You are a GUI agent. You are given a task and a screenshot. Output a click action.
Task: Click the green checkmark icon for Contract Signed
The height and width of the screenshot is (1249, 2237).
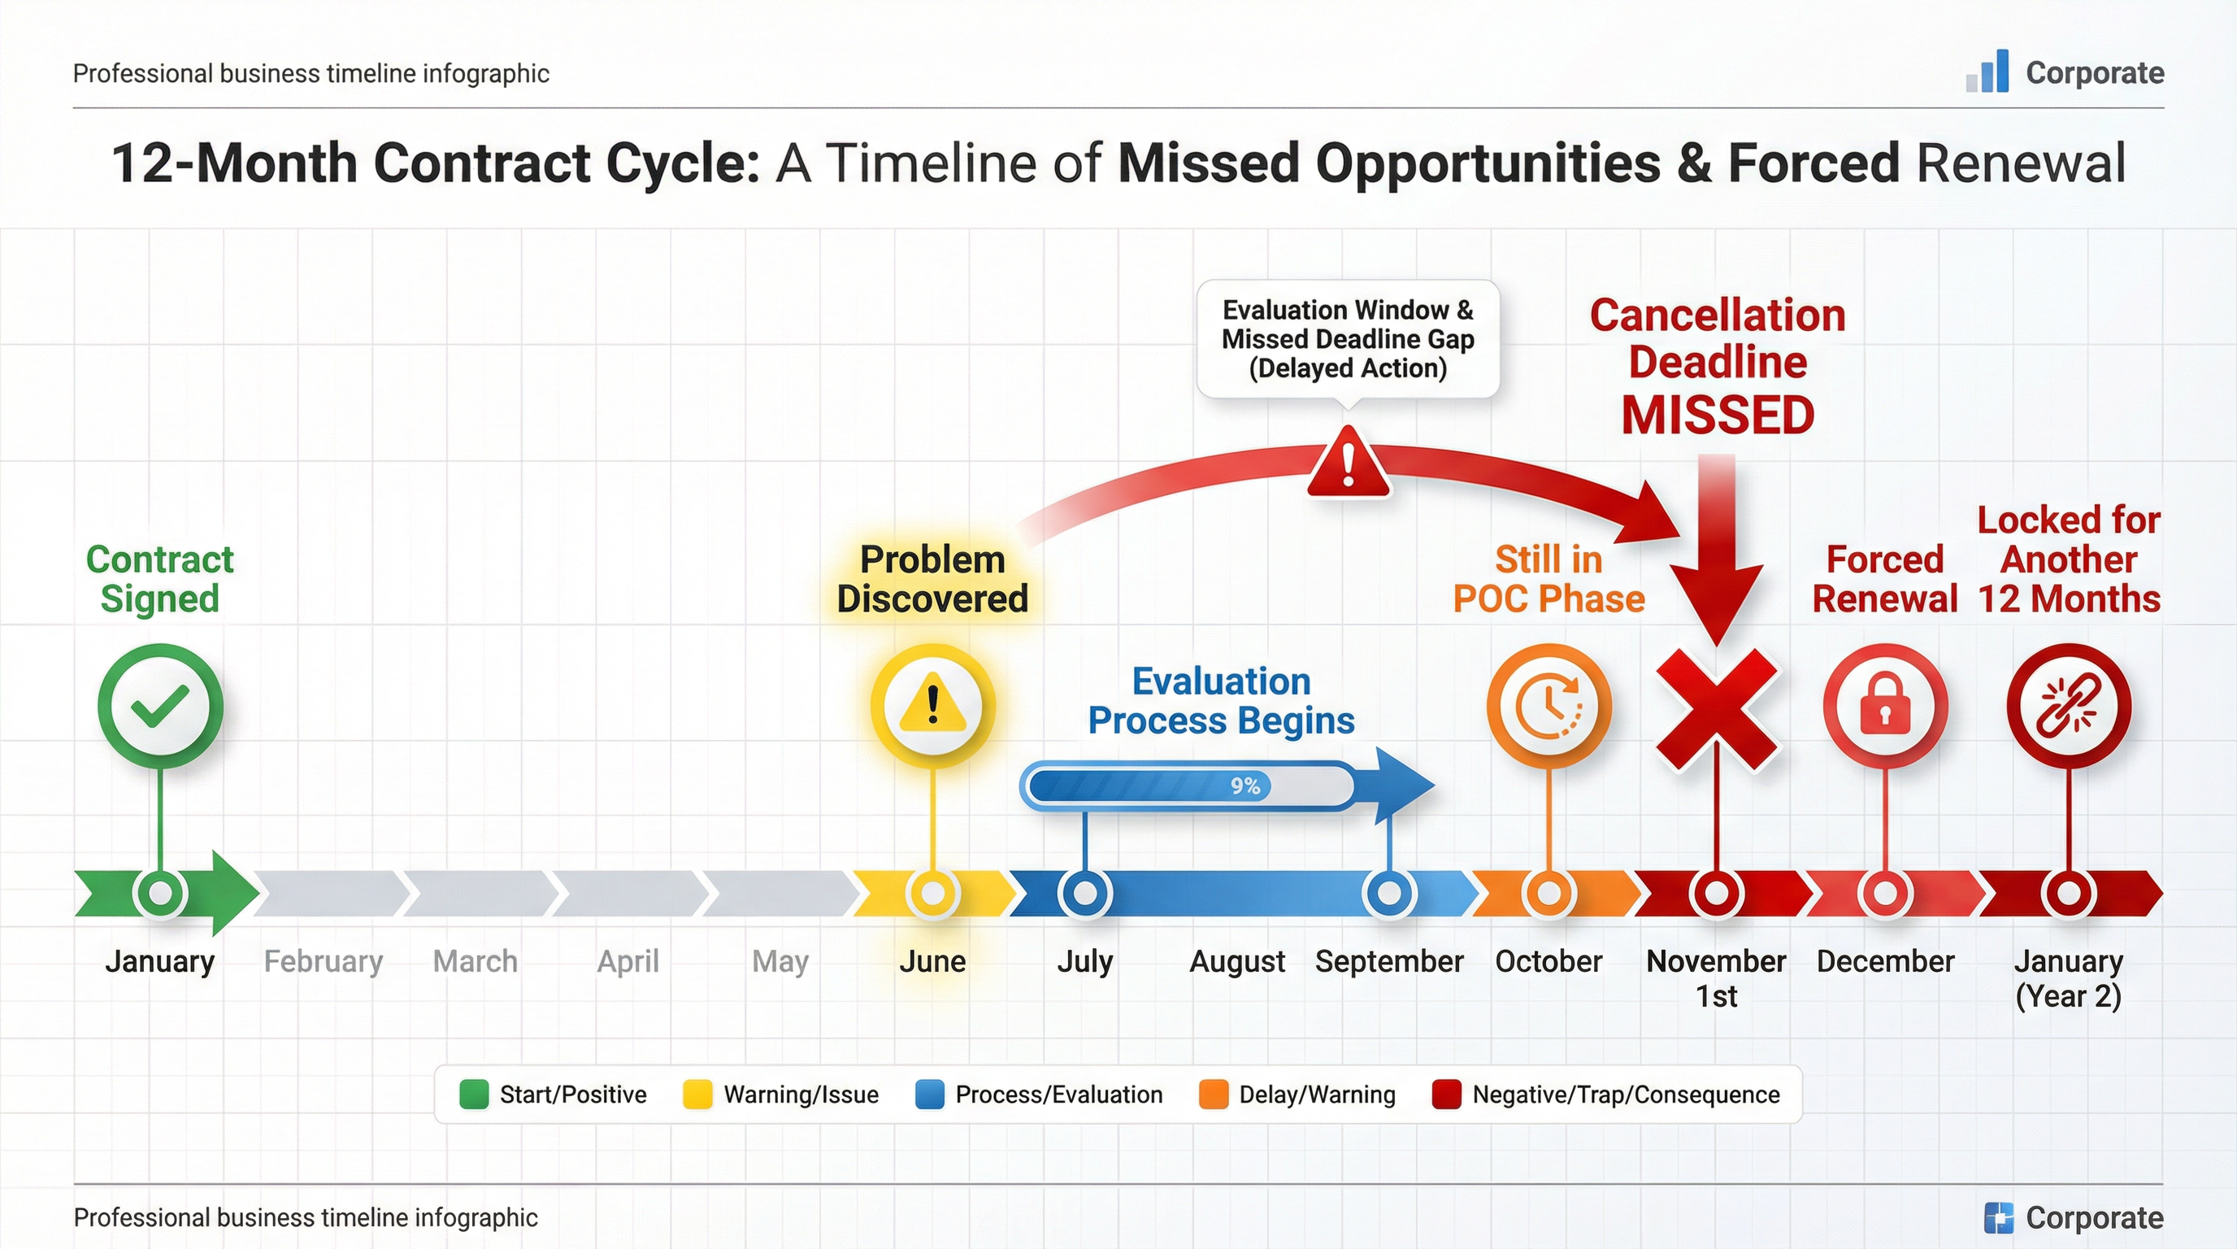(160, 705)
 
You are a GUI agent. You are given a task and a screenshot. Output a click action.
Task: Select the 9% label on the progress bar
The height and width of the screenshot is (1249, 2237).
(1245, 786)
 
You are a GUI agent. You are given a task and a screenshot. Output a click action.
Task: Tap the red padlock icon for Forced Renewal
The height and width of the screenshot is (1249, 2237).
(1884, 705)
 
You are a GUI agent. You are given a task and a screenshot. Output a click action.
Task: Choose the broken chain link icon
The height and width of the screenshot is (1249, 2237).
(2069, 705)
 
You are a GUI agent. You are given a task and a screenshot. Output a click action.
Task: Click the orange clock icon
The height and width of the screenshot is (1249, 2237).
(1549, 705)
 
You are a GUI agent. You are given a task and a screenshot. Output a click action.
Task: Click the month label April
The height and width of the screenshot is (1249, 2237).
(628, 961)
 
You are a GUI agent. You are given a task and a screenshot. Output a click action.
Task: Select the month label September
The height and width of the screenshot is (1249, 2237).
(1388, 961)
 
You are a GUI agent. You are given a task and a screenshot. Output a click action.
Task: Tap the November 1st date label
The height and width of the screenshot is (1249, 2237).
(1716, 978)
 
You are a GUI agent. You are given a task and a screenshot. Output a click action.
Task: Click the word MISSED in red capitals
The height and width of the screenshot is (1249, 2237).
(1718, 416)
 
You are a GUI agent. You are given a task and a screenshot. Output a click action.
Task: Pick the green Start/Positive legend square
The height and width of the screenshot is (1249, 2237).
(474, 1095)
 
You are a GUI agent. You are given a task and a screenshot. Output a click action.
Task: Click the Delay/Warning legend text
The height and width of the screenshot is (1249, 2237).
(1317, 1095)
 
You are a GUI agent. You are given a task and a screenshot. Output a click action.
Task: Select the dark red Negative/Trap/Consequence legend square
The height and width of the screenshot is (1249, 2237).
(1447, 1095)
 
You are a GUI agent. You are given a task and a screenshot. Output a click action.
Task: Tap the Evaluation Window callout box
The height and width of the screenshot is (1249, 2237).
(1348, 340)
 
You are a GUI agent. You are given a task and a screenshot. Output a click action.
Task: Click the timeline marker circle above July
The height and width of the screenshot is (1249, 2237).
(1084, 893)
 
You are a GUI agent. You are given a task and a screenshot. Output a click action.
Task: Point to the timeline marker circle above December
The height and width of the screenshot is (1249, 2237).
(1884, 893)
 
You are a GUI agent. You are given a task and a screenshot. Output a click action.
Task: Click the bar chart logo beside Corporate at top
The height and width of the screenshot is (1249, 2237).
(1987, 72)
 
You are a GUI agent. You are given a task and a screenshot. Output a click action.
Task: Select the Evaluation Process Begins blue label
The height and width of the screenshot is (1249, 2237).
(1221, 701)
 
